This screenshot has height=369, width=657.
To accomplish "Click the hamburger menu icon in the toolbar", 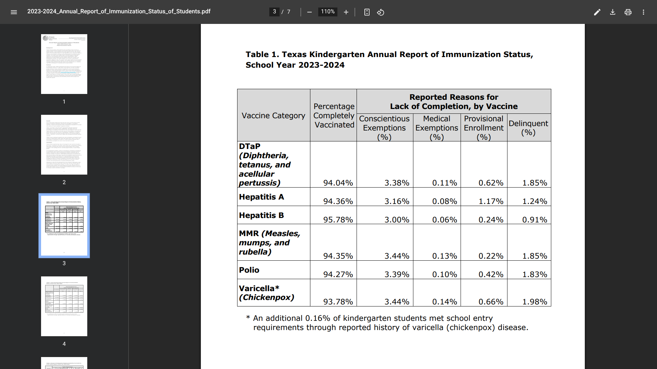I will click(14, 12).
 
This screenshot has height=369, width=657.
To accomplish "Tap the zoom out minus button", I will click(309, 12).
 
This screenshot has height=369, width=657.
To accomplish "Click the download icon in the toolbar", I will click(613, 12).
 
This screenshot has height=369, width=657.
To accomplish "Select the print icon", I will click(628, 12).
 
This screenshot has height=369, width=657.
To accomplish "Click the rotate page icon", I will click(381, 12).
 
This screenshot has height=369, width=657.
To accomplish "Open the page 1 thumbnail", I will click(64, 64).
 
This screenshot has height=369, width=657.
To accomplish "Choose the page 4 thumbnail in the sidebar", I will click(64, 306).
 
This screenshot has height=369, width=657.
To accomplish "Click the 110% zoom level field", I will click(327, 12).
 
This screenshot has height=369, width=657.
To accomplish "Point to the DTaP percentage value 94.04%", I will click(338, 183).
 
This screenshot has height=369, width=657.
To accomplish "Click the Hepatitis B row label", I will click(261, 216).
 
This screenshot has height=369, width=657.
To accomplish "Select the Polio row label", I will click(249, 270).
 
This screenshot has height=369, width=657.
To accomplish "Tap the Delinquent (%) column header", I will click(528, 128).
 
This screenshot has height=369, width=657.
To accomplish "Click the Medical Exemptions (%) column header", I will click(437, 128).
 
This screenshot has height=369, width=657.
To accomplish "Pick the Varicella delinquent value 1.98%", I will click(534, 302).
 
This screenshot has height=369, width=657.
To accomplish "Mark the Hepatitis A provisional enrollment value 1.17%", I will click(491, 202).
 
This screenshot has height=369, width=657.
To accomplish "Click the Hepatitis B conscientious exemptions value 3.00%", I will click(397, 220).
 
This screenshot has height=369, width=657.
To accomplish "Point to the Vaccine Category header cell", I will click(273, 116).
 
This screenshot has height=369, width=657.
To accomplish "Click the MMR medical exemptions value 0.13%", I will click(445, 256).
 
